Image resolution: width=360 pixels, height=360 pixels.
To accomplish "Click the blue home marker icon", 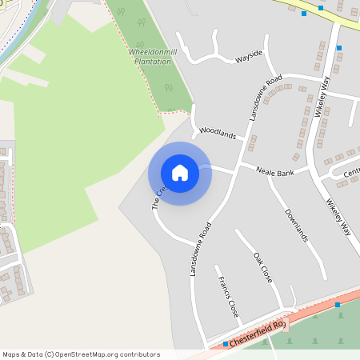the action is pyautogui.click(x=180, y=173).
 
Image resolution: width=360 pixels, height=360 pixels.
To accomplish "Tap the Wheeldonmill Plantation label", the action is pyautogui.click(x=151, y=55).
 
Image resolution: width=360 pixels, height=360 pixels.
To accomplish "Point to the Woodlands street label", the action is pyautogui.click(x=218, y=132).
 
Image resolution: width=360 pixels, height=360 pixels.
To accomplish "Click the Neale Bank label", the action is pyautogui.click(x=275, y=171).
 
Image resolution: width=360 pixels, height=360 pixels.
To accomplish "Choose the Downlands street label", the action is pyautogui.click(x=296, y=225).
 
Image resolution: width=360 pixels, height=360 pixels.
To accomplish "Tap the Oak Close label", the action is pyautogui.click(x=263, y=268).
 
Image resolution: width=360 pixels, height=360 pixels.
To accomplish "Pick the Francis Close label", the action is pyautogui.click(x=228, y=297).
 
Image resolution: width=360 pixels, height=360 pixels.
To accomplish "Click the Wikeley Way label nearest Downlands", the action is pyautogui.click(x=338, y=217).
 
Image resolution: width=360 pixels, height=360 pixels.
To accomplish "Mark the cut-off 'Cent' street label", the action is pyautogui.click(x=351, y=172).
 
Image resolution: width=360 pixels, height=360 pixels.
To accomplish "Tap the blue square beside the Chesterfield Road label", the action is pyautogui.click(x=226, y=344).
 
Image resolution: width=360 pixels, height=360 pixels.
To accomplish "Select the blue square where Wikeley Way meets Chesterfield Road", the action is pyautogui.click(x=338, y=305).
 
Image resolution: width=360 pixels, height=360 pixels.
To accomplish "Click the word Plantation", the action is pyautogui.click(x=152, y=60).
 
